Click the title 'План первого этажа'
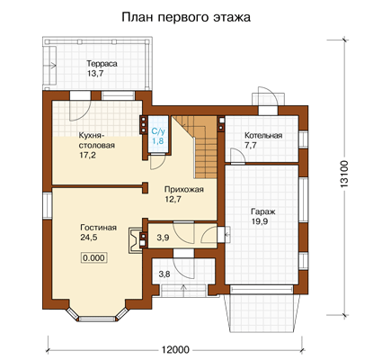pyautogui.click(x=186, y=17)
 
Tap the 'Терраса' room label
pyautogui.click(x=102, y=64)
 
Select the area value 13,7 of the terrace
pyautogui.click(x=95, y=74)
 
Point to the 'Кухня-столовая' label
pyautogui.click(x=97, y=140)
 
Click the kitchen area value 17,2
pyautogui.click(x=87, y=155)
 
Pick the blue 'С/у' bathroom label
pyautogui.click(x=158, y=131)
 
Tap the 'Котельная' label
pyautogui.click(x=263, y=136)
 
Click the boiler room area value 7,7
pyautogui.click(x=252, y=146)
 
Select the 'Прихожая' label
pyautogui.click(x=184, y=190)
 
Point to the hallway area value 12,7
pyautogui.click(x=173, y=199)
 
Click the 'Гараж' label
pyautogui.click(x=263, y=211)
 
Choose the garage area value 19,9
pyautogui.click(x=260, y=221)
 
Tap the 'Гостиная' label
pyautogui.click(x=98, y=228)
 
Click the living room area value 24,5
pyautogui.click(x=89, y=238)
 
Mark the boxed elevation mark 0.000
pyautogui.click(x=94, y=257)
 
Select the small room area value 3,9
pyautogui.click(x=163, y=238)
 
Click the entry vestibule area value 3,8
pyautogui.click(x=164, y=274)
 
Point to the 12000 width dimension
pyautogui.click(x=175, y=350)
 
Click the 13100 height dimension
pyautogui.click(x=345, y=175)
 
